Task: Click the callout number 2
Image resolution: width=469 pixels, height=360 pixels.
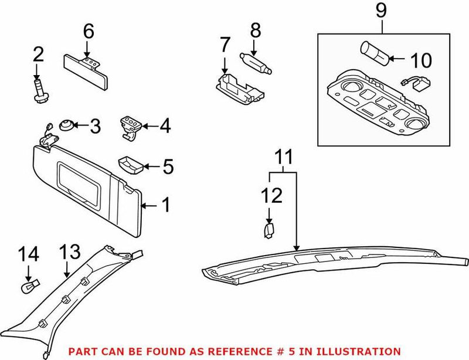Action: click(38, 55)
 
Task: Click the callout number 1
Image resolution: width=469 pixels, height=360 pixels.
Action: click(166, 205)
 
